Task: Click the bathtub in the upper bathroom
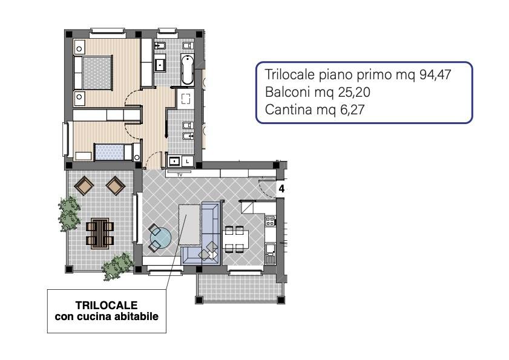187,70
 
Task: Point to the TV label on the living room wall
180,175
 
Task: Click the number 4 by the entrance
281,189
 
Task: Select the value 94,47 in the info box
435,74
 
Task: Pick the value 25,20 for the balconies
354,92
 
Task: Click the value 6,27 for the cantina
352,110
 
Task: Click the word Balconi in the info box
285,92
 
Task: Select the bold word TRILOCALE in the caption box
107,305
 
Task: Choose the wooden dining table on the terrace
100,234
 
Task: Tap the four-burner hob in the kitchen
270,221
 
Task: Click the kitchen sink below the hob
270,253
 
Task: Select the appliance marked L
188,161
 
